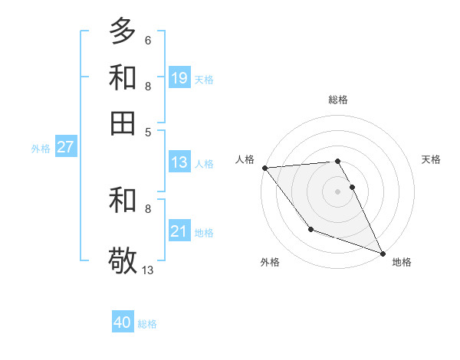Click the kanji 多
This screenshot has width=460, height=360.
(x=123, y=31)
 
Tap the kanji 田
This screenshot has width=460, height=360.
(x=123, y=123)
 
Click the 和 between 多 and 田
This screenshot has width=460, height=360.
(x=123, y=77)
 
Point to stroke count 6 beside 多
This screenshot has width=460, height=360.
(x=148, y=40)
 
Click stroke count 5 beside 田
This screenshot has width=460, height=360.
(x=148, y=132)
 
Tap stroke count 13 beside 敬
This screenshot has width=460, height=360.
(x=148, y=270)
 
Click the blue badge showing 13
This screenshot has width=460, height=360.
(x=179, y=162)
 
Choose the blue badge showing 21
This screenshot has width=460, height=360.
(x=179, y=231)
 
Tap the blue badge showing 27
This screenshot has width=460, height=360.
(x=65, y=147)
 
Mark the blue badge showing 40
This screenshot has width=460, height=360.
(x=123, y=322)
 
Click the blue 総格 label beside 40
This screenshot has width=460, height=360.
(x=147, y=324)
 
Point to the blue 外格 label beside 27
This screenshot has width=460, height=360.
(x=41, y=149)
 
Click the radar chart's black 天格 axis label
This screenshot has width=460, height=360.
(x=431, y=159)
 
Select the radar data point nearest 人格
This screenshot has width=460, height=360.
(x=264, y=168)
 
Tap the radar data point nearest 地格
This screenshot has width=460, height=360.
(x=383, y=253)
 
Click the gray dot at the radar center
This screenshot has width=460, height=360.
(x=337, y=191)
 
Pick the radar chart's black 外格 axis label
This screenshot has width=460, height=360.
(x=270, y=262)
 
